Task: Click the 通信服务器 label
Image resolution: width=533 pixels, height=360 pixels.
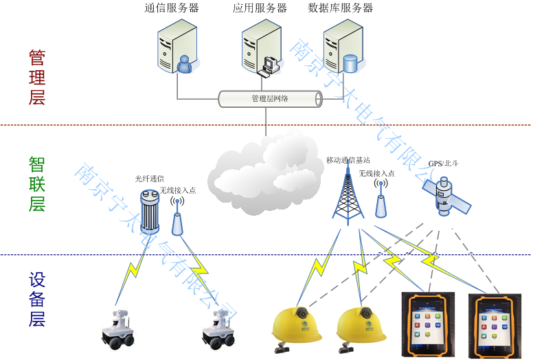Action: (x=172, y=8)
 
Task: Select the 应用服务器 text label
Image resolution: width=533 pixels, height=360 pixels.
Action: (x=260, y=8)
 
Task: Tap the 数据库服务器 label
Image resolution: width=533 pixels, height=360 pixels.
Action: (x=341, y=8)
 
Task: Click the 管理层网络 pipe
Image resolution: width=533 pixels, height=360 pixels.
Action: (x=270, y=99)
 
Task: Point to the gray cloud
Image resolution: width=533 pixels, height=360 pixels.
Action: (x=265, y=172)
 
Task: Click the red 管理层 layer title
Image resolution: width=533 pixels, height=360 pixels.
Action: (x=37, y=76)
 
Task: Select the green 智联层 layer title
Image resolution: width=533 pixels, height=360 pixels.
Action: (x=37, y=183)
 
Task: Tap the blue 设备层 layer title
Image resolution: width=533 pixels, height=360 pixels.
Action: (x=37, y=299)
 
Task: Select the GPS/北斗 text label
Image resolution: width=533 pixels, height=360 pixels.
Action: (x=443, y=164)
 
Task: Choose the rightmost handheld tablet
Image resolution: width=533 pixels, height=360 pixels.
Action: (x=495, y=326)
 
